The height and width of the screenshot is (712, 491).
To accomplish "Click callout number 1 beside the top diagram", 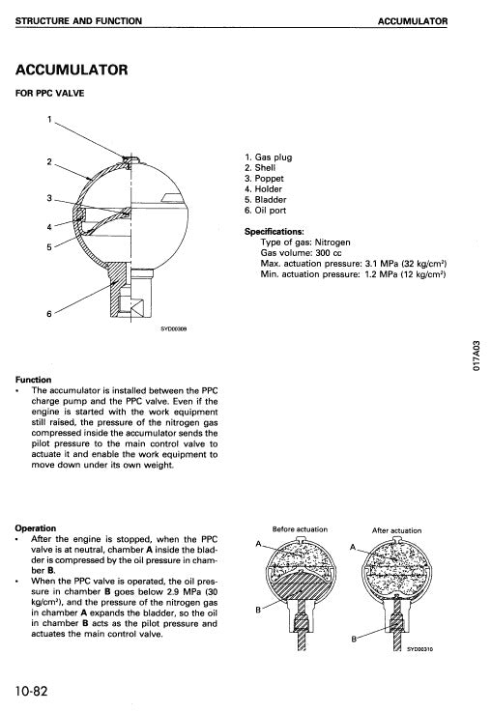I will pos(49,119).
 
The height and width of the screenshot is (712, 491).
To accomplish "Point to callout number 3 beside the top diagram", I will pos(48,198).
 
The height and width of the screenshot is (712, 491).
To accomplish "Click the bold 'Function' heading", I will pos(34,380).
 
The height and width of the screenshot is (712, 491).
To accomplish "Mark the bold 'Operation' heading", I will pos(37,528).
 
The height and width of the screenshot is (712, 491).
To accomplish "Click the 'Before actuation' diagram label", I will pos(300,529).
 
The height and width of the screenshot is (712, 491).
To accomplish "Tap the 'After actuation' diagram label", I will pos(396,530).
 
